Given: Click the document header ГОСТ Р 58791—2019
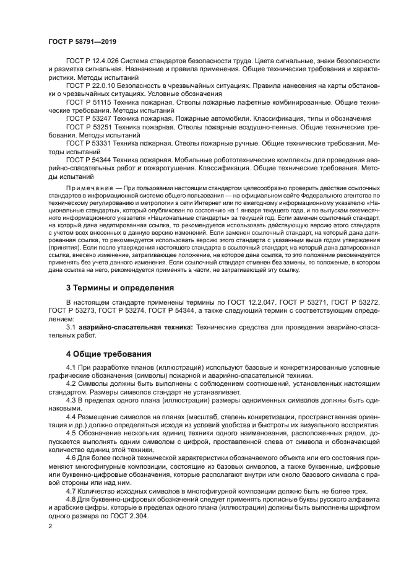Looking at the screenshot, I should coord(82,41).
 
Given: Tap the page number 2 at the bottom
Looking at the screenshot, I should coord(51,526).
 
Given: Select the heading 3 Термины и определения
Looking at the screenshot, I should coord(119,287).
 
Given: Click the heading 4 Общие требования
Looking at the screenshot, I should coord(108,354).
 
